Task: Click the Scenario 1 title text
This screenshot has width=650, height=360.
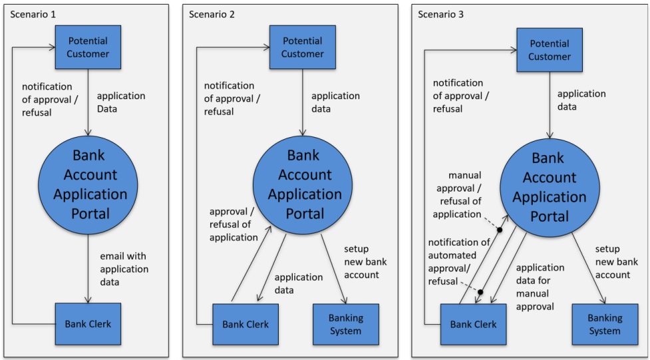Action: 31,14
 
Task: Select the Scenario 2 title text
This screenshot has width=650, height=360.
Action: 212,14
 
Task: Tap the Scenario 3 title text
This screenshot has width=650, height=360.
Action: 440,14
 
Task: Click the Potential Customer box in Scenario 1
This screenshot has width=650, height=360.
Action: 88,47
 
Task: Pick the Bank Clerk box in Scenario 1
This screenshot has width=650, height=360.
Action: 88,324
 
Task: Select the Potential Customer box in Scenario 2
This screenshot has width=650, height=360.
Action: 302,47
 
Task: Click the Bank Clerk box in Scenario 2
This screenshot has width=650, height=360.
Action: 245,324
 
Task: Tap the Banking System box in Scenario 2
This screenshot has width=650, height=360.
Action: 345,324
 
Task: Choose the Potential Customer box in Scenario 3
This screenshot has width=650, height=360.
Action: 550,50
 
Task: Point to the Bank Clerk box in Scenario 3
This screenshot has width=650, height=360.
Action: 473,324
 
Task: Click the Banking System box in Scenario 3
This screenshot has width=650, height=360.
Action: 605,324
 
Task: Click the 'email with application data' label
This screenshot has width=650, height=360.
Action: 124,269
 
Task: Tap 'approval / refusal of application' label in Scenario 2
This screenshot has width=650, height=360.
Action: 234,224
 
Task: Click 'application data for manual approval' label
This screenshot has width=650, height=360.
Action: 540,287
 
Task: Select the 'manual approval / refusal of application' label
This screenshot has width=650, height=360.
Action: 457,194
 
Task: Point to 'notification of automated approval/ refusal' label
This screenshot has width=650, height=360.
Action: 458,262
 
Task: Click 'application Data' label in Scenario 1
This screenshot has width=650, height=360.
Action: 120,102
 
